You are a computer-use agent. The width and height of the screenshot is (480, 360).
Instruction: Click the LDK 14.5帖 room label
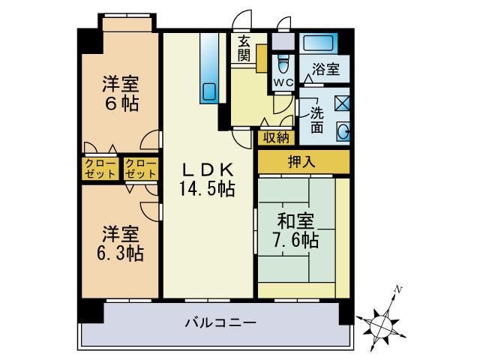click(x=206, y=178)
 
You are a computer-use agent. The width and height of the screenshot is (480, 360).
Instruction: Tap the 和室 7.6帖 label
click(x=298, y=231)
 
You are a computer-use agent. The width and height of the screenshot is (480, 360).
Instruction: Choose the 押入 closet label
click(x=303, y=160)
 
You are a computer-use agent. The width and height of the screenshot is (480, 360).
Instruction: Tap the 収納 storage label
click(x=275, y=136)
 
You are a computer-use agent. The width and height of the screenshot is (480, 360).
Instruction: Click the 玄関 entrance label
click(x=244, y=48)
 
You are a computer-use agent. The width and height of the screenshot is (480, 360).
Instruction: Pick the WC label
click(x=283, y=81)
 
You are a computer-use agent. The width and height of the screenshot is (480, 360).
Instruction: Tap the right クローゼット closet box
click(x=140, y=168)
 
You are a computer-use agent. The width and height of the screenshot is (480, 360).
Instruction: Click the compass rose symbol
click(x=383, y=323)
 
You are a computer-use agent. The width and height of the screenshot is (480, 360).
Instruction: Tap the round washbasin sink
click(x=343, y=132)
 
